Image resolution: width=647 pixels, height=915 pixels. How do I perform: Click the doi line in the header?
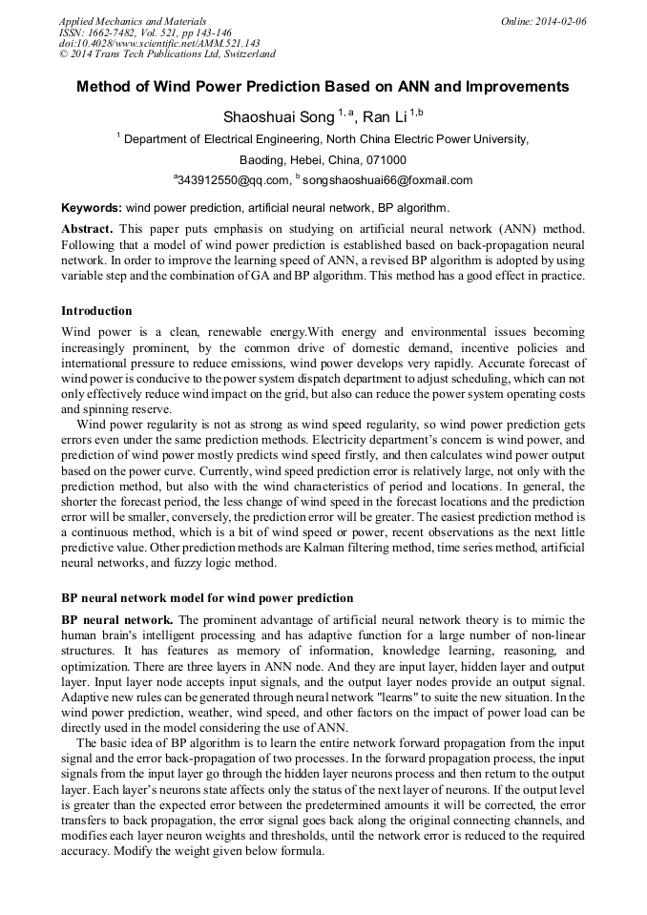(159, 43)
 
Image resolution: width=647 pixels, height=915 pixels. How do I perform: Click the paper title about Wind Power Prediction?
(323, 87)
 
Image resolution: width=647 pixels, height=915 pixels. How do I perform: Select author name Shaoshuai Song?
(278, 117)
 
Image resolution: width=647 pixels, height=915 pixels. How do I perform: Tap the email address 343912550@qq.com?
(233, 180)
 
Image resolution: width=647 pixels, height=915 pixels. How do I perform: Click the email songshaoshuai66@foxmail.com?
(387, 180)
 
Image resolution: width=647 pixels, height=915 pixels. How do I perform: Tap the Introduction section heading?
(96, 311)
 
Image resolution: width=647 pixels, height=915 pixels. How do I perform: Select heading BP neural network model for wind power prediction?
(207, 598)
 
